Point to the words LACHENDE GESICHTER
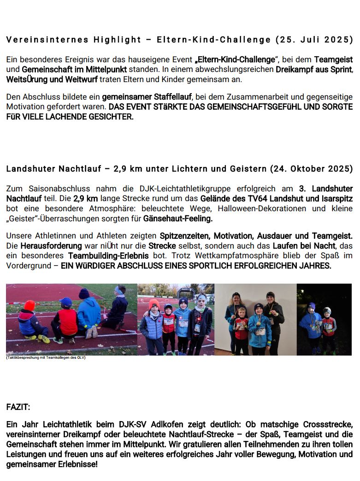pos(97,117)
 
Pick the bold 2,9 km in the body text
pos(85,199)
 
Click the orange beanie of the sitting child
pos(30,305)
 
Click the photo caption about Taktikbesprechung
pos(46,358)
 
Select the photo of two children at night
pos(324,319)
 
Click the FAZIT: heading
pos(18,408)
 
